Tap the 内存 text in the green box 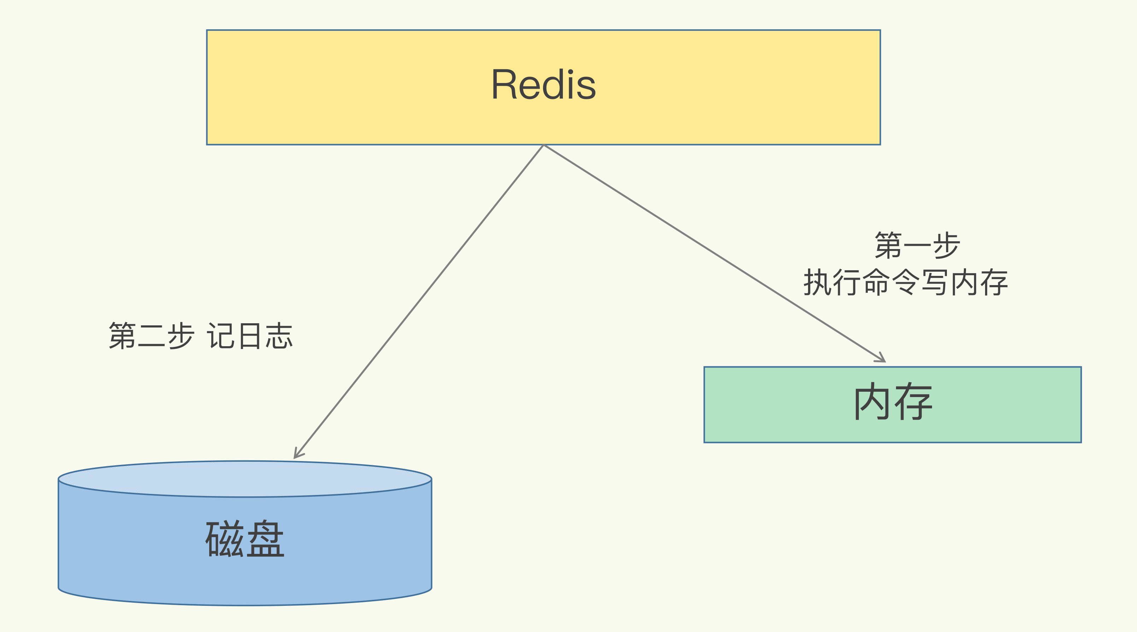(893, 402)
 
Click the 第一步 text (917, 246)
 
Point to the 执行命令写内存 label (906, 283)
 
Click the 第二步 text (151, 336)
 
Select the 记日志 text (250, 336)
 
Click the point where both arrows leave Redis (543, 145)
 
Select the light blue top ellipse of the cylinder (245, 479)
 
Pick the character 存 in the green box (914, 402)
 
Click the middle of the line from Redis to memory (714, 253)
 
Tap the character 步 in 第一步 (946, 246)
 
